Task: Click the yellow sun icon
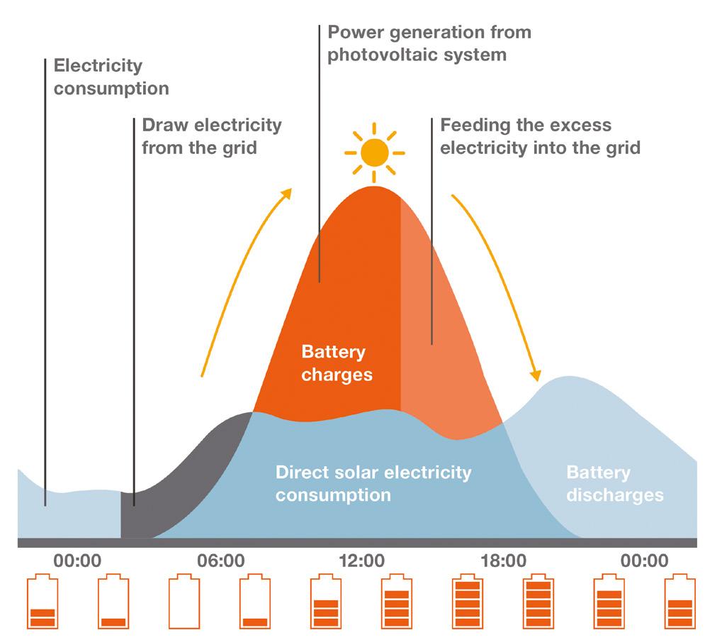pyautogui.click(x=374, y=151)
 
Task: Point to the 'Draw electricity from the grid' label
pyautogui.click(x=212, y=136)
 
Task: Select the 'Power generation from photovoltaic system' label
pyautogui.click(x=429, y=43)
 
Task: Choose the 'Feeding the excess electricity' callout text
pyautogui.click(x=540, y=136)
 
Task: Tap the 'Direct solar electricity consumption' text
pyautogui.click(x=373, y=482)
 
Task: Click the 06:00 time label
pyautogui.click(x=220, y=561)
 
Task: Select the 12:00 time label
pyautogui.click(x=361, y=561)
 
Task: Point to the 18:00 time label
pyautogui.click(x=502, y=561)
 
